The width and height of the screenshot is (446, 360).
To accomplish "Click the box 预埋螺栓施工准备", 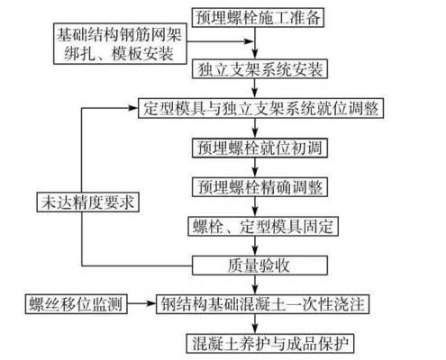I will coord(258,17).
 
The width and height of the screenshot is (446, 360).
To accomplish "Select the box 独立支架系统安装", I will coord(258,68).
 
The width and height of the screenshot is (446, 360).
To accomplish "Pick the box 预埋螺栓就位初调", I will coord(258,148).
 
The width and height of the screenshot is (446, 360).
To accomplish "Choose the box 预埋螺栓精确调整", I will coord(258,187).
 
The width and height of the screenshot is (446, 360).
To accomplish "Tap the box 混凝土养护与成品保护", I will coord(258,343).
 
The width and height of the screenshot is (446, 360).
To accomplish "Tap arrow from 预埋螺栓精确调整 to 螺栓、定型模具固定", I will coord(258,207).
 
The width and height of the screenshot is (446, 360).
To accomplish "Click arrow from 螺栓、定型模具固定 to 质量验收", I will coord(258,246).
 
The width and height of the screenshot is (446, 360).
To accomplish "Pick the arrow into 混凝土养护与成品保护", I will coord(258,324).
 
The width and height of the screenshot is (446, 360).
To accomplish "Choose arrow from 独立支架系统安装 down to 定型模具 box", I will coord(258,88).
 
